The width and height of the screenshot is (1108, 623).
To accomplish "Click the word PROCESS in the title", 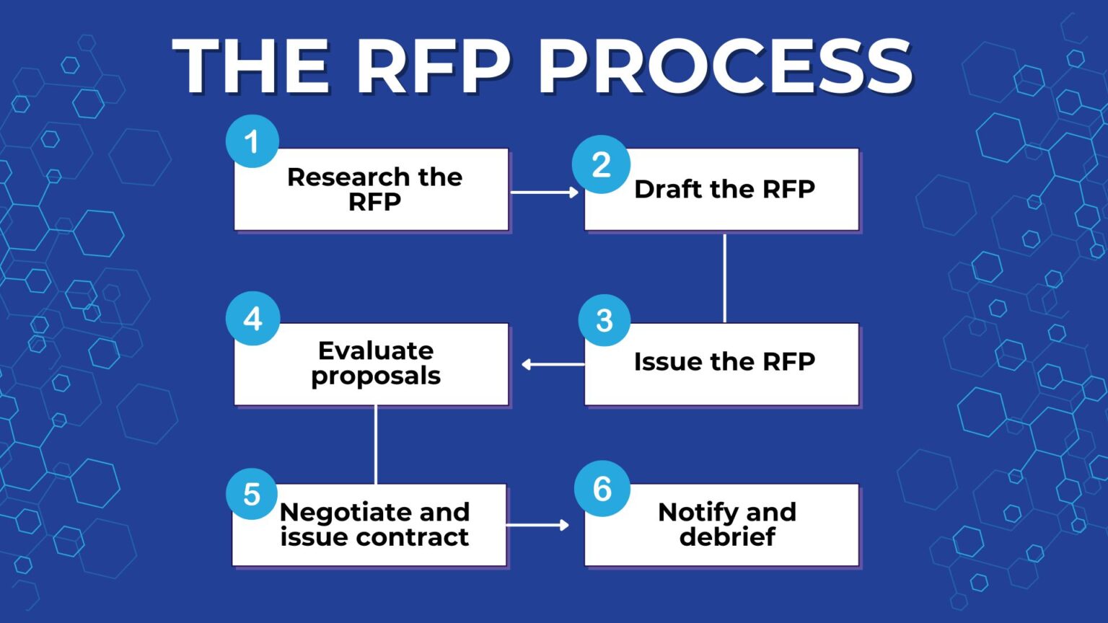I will click(726, 66).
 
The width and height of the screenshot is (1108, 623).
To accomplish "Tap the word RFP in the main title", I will click(434, 66).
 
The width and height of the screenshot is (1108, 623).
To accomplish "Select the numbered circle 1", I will click(252, 141).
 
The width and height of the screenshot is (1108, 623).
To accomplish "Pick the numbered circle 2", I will click(601, 164).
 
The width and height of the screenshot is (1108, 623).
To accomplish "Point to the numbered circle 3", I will click(604, 320).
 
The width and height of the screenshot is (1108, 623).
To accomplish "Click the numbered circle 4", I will click(252, 319).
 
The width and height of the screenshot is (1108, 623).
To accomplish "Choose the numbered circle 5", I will click(252, 495).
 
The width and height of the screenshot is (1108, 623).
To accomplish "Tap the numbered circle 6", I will click(602, 489).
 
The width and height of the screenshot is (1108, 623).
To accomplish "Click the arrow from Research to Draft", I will click(545, 193).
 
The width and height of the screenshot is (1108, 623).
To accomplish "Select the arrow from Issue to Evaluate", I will click(553, 364).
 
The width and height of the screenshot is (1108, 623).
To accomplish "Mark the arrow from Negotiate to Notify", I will click(537, 525).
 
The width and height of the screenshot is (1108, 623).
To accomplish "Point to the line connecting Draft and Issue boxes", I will click(724, 278).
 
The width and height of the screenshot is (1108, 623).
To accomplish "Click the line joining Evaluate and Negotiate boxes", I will click(376, 444).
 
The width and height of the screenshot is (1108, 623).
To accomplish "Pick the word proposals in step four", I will click(376, 376).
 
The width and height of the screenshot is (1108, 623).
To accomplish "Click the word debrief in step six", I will click(727, 536).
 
